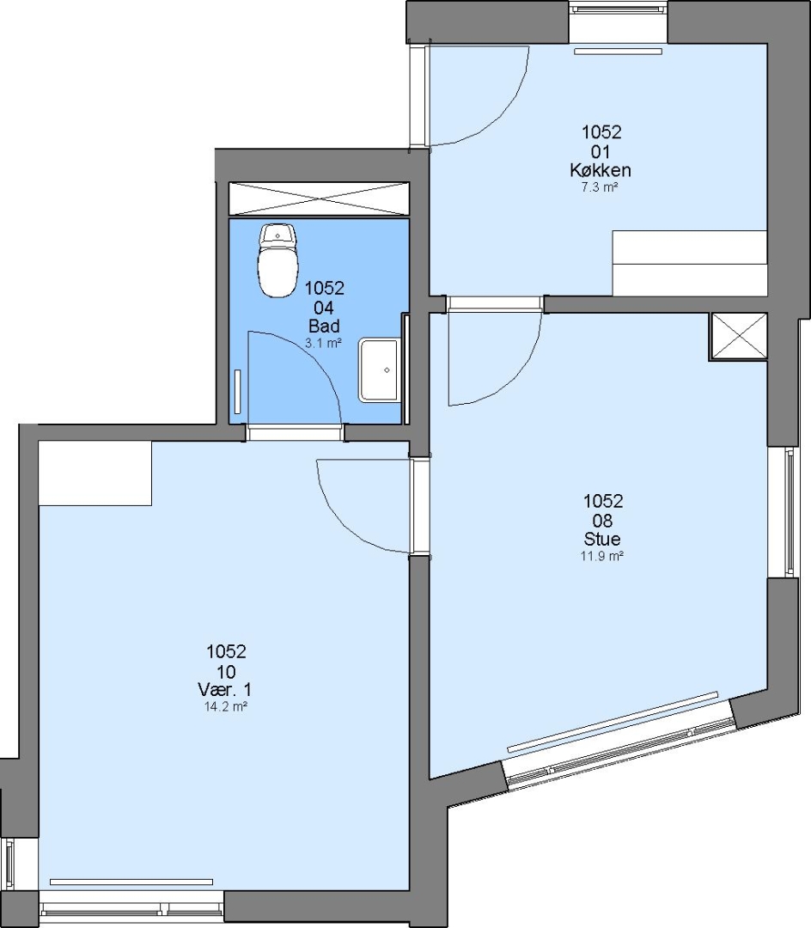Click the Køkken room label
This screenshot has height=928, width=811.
click(601, 170)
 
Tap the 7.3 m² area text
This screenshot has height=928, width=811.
click(601, 188)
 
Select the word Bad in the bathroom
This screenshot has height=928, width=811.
click(324, 327)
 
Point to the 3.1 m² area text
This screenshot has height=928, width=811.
click(323, 343)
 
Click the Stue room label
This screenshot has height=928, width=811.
click(602, 539)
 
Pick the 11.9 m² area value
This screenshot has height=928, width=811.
click(602, 556)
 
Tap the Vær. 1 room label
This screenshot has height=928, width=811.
click(225, 690)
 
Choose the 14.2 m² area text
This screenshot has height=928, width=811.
click(225, 706)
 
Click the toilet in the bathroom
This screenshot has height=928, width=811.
click(277, 261)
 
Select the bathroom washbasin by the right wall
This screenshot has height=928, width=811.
click(379, 370)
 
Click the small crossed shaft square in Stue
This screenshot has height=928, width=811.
click(738, 336)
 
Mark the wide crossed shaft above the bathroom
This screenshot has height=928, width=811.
click(319, 199)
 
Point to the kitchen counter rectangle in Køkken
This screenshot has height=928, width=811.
click(690, 263)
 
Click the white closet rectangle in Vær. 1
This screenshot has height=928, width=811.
click(95, 473)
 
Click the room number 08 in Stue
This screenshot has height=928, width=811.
click(602, 521)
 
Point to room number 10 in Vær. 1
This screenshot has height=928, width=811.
click(226, 672)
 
